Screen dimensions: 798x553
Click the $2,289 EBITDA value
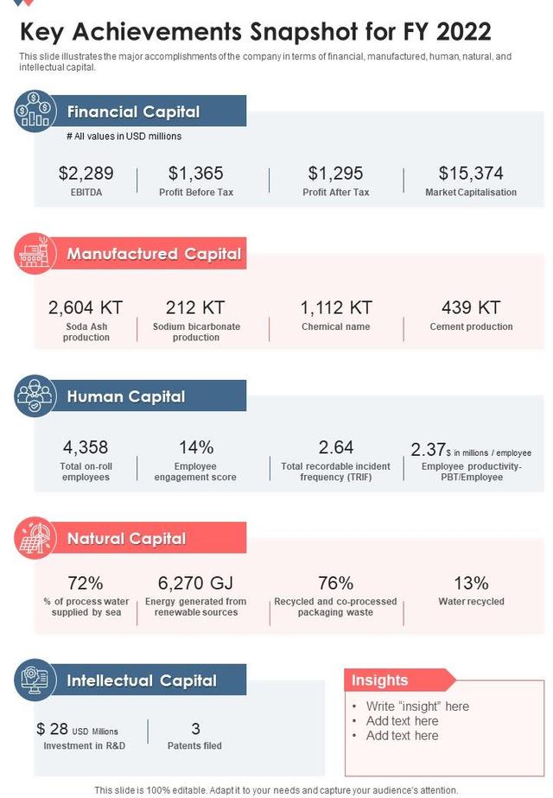tap(86, 174)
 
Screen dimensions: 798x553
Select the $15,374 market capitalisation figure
tap(471, 174)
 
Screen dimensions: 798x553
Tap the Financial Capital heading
tap(133, 111)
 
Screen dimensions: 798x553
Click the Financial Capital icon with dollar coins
tap(35, 111)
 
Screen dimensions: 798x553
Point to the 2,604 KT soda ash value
tap(86, 307)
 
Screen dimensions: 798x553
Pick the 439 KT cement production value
tap(471, 307)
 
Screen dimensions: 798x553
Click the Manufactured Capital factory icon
tap(35, 254)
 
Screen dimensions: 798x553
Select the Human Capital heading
tap(126, 396)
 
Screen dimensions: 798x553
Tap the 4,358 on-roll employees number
tap(86, 447)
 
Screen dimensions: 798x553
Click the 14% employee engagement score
tap(196, 447)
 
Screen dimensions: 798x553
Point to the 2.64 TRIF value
tap(335, 447)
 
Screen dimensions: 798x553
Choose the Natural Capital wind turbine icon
tap(35, 539)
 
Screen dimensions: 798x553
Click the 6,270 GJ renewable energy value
tap(196, 583)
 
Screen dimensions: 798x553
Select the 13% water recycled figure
tap(471, 583)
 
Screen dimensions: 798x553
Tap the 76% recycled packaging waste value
tap(335, 583)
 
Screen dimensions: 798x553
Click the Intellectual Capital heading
tap(142, 680)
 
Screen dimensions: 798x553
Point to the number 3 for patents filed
tap(196, 729)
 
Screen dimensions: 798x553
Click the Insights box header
tap(379, 681)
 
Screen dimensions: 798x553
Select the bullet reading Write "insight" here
tap(417, 706)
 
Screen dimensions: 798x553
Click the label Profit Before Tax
tap(196, 192)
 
